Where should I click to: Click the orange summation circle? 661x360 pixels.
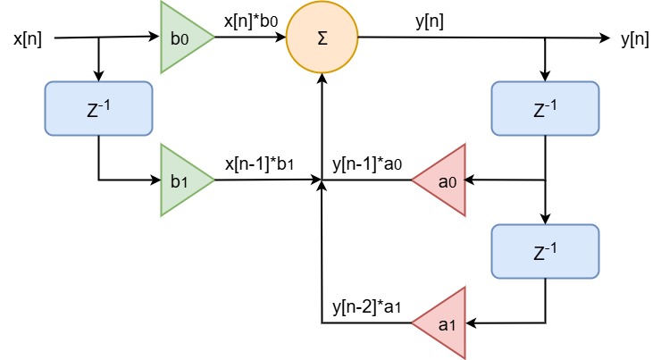point(322,38)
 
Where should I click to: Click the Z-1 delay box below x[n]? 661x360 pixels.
point(98,109)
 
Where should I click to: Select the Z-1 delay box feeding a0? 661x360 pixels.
point(545,109)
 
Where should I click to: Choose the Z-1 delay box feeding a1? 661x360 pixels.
point(545,251)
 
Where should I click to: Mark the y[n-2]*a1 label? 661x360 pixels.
point(368,307)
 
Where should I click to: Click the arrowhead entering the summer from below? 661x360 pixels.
point(322,80)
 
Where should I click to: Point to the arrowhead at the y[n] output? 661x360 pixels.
point(604,38)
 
